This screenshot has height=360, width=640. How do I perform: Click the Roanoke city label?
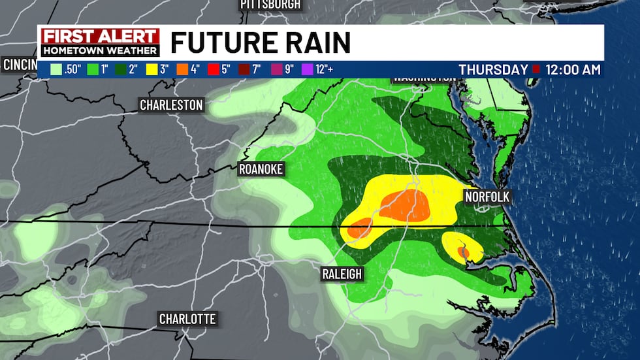point(261,169)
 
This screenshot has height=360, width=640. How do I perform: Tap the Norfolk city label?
point(487,197)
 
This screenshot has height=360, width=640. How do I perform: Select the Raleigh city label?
point(342,274)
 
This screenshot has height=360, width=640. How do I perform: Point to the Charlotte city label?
point(187,319)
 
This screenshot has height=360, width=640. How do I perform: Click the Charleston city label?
point(171,105)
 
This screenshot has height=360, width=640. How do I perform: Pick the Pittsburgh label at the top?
point(270,5)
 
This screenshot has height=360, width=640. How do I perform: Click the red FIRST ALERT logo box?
point(100,37)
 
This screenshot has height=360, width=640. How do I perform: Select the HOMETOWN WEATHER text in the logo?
point(100,50)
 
